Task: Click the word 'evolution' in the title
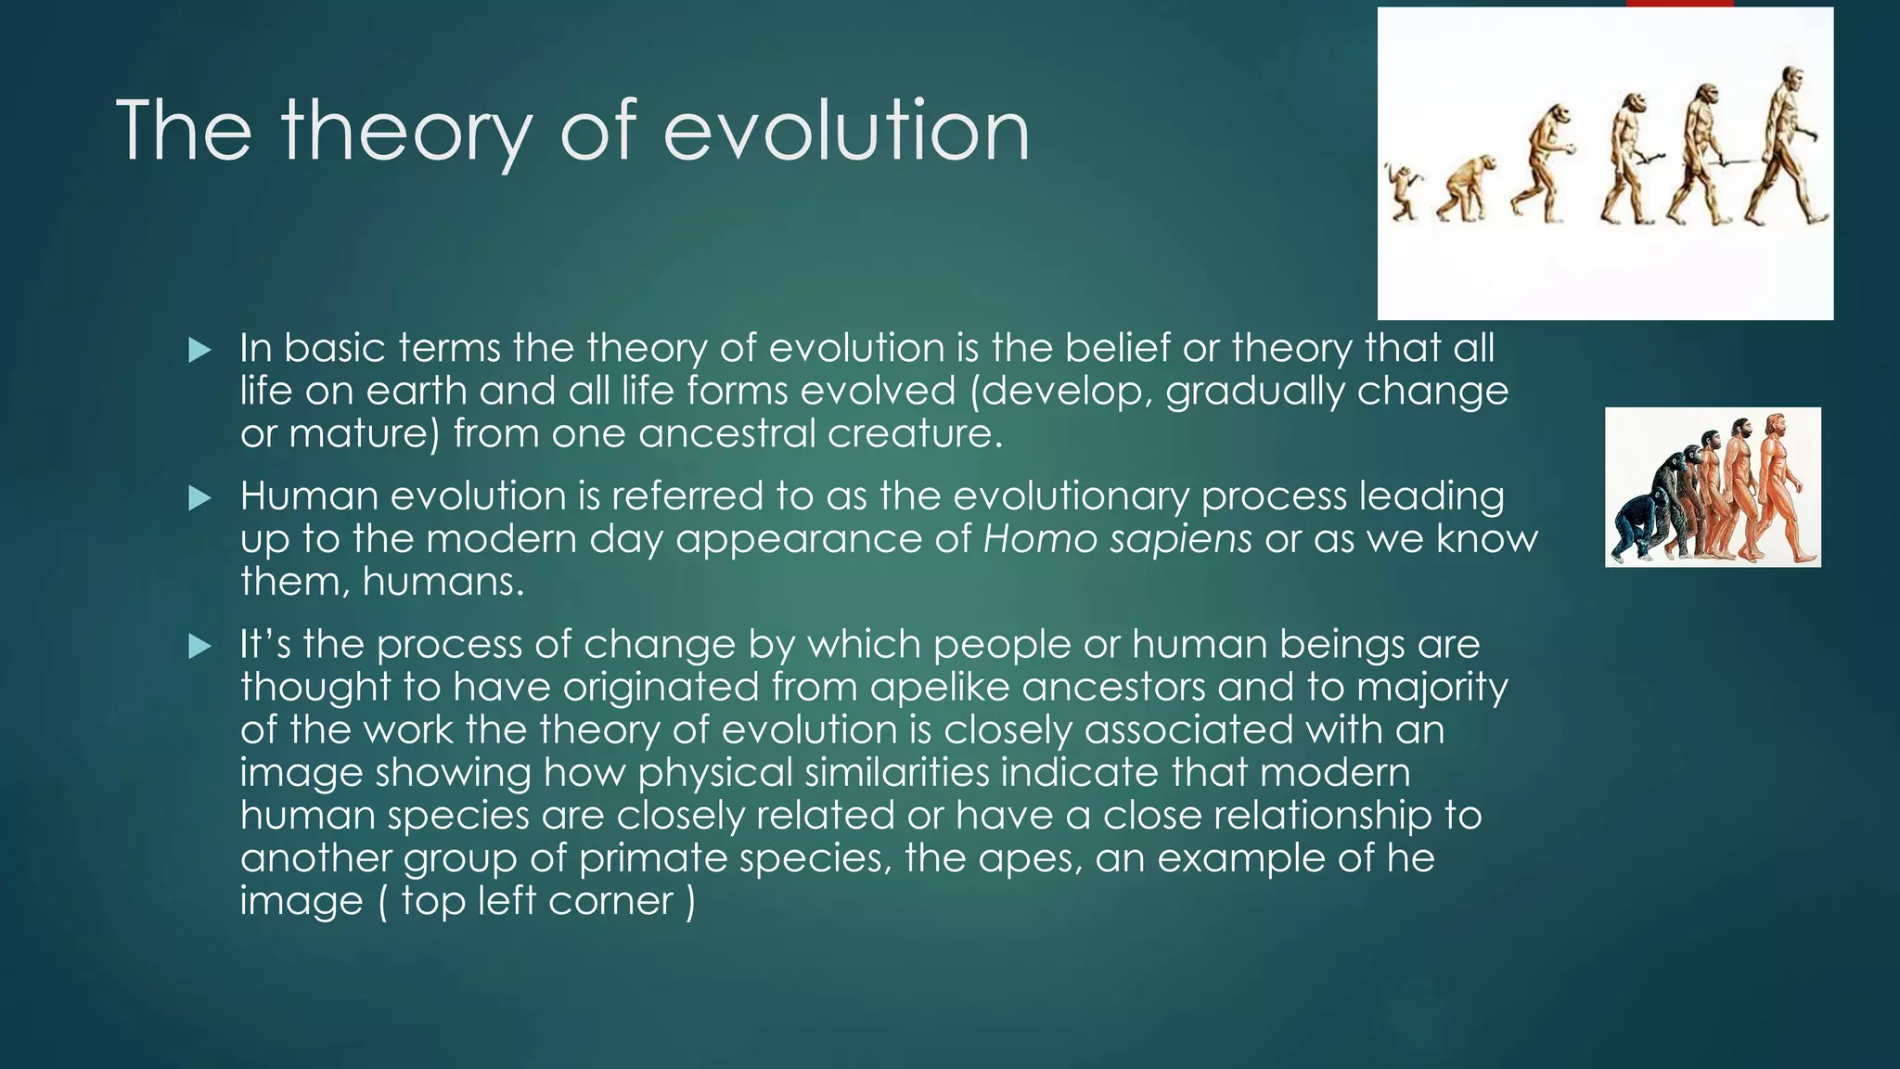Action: coord(845,131)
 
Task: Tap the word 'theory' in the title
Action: coord(406,131)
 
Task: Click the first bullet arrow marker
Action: coord(199,350)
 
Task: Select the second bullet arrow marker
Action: coord(199,498)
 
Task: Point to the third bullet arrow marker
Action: coord(199,646)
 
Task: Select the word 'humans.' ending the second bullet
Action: coord(443,582)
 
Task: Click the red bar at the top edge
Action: coord(1679,3)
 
